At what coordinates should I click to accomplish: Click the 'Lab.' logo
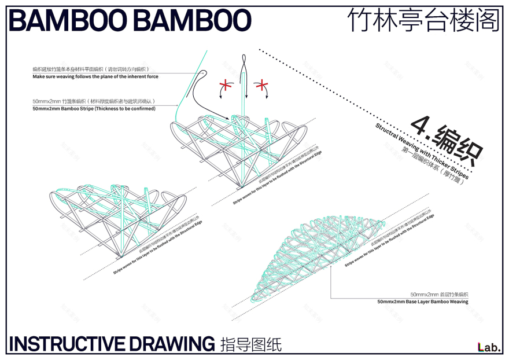[489, 347]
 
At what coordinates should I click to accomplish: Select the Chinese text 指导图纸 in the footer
[251, 344]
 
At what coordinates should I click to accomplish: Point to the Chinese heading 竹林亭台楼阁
[423, 21]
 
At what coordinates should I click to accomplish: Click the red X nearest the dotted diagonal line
[263, 87]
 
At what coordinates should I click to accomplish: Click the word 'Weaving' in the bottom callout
[457, 302]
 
